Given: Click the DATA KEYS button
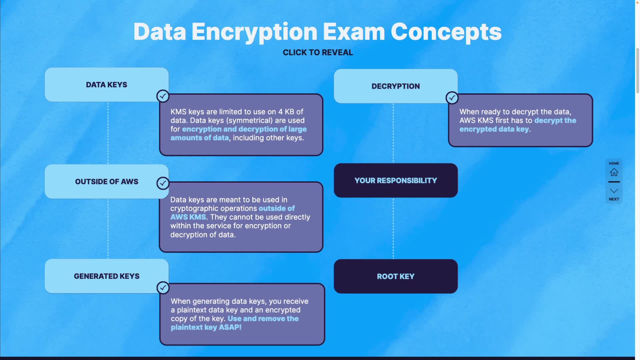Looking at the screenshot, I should tap(106, 85).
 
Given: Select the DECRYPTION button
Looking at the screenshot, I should tap(395, 86).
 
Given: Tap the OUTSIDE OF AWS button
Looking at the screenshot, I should tap(106, 182).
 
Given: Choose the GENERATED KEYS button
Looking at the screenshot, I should tap(106, 276).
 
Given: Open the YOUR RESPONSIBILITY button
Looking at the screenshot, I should tap(395, 181).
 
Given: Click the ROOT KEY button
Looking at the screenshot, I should tap(395, 276).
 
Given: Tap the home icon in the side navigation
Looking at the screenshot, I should tap(614, 172).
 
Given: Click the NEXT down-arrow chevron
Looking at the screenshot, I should tap(614, 191).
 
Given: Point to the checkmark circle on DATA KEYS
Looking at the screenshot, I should tap(163, 96).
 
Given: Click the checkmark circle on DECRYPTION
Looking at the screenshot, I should tap(452, 98).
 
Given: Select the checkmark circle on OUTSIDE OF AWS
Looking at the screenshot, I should tap(163, 183).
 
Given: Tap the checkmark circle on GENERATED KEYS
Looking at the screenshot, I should tap(163, 288).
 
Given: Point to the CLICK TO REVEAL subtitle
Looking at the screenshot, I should tap(318, 53).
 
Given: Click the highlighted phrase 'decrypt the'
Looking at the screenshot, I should tap(555, 121).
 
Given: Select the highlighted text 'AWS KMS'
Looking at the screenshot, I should tap(188, 217).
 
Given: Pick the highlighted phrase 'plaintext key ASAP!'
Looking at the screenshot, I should tap(206, 327).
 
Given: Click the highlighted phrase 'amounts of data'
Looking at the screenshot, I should tap(199, 138).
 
